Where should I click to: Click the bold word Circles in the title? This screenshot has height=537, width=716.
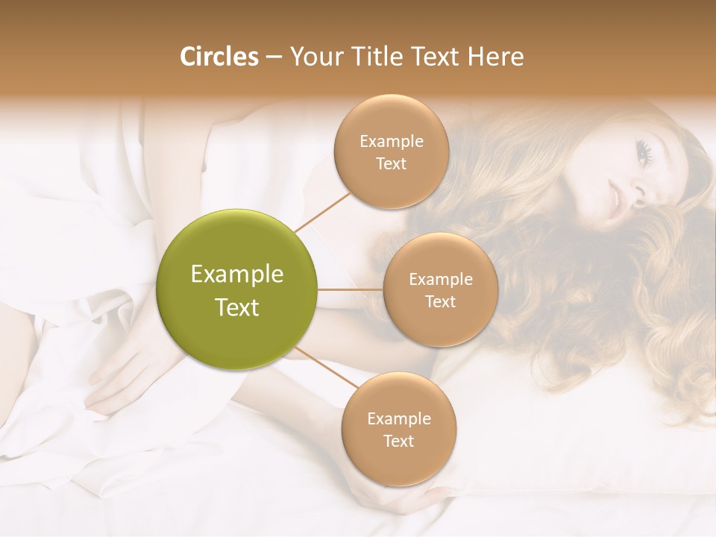point(219,57)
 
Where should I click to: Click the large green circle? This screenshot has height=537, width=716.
point(237,289)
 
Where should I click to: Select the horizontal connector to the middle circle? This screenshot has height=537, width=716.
point(351,289)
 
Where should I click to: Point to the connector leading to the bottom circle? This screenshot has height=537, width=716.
point(327,367)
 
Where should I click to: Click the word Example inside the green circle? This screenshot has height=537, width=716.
point(237,274)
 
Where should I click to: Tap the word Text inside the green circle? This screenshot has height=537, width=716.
point(237,307)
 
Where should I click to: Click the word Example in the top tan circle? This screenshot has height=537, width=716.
point(392,141)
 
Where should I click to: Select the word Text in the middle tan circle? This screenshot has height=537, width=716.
point(440,301)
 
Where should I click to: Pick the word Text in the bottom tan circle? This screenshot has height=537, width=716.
point(398,441)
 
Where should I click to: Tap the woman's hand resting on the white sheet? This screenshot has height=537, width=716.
point(119,373)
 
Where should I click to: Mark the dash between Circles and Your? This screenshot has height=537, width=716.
point(274,57)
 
